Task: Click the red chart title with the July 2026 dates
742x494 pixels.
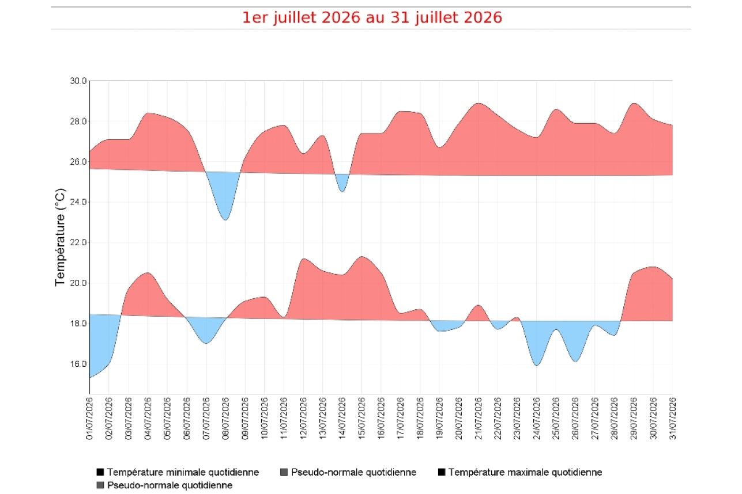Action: coord(372,17)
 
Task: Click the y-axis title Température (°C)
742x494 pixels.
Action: coord(61,237)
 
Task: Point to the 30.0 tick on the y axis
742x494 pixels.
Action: coord(78,81)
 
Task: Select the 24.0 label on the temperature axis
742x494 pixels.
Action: coord(78,202)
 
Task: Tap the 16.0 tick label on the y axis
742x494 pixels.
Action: coord(78,364)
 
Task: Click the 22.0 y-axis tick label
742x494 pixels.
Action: coord(78,242)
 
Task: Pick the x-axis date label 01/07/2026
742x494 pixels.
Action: coord(90,419)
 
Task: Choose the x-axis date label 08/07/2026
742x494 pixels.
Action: coord(225,419)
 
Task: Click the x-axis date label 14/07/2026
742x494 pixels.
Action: coord(342,419)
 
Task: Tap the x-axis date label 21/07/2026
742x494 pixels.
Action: coord(479,419)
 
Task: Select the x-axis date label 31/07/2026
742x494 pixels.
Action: coord(672,419)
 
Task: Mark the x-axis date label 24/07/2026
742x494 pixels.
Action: coord(537,419)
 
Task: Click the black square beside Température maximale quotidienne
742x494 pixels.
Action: coord(442,472)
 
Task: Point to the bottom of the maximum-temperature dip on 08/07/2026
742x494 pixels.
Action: coord(225,220)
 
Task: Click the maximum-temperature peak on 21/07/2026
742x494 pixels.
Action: coord(479,103)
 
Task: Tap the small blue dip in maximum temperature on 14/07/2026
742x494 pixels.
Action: coord(342,192)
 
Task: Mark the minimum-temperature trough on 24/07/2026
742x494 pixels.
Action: coord(537,366)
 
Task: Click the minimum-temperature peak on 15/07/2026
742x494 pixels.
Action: coord(361,256)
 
